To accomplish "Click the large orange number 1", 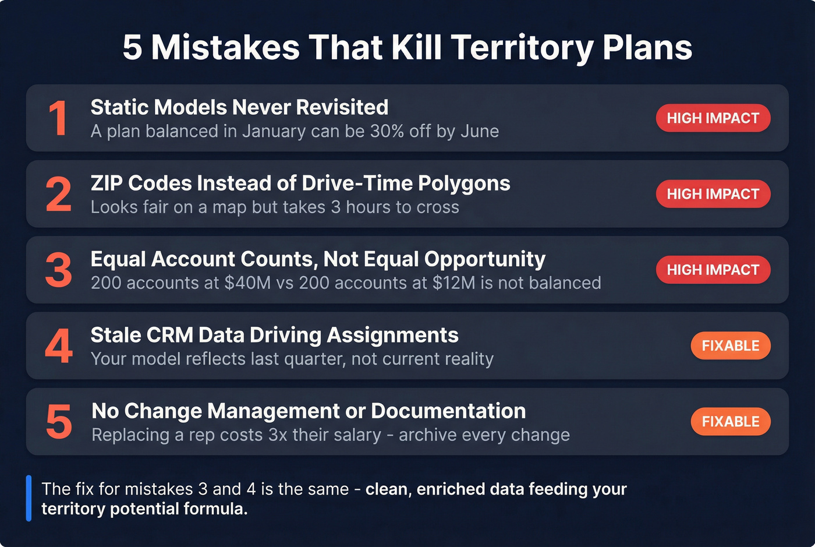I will [x=58, y=118].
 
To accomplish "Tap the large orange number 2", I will [x=59, y=195].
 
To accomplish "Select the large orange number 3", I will [x=59, y=270].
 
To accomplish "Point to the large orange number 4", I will [x=59, y=346].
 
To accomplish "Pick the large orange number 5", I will [x=59, y=422].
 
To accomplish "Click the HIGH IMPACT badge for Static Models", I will [x=713, y=118].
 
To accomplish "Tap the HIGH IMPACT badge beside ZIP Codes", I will [x=713, y=194].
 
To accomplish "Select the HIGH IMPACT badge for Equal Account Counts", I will [x=713, y=270].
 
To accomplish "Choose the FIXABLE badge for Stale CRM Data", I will [x=730, y=345].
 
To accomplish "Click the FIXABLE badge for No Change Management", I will [x=730, y=421].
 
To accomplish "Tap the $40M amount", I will [x=247, y=283].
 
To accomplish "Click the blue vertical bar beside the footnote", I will [x=29, y=499].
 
